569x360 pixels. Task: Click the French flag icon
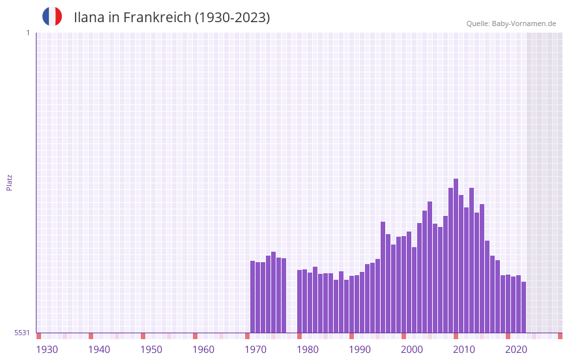click(52, 17)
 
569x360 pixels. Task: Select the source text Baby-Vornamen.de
click(523, 23)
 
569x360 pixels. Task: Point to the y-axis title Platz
click(9, 182)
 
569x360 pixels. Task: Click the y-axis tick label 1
click(27, 33)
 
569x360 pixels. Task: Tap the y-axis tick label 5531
click(22, 333)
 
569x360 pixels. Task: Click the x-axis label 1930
click(47, 350)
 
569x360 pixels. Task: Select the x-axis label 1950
click(151, 350)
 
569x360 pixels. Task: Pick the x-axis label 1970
click(255, 350)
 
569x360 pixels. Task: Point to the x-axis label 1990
click(360, 350)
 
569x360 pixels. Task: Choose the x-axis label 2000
click(412, 350)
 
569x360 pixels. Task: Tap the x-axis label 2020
click(516, 350)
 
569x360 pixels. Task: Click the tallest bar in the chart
click(456, 254)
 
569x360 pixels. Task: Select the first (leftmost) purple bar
click(252, 297)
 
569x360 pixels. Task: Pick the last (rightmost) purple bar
click(523, 307)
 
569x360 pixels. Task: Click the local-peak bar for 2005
click(430, 267)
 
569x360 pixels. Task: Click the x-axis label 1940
click(99, 350)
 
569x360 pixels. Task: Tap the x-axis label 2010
click(464, 350)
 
